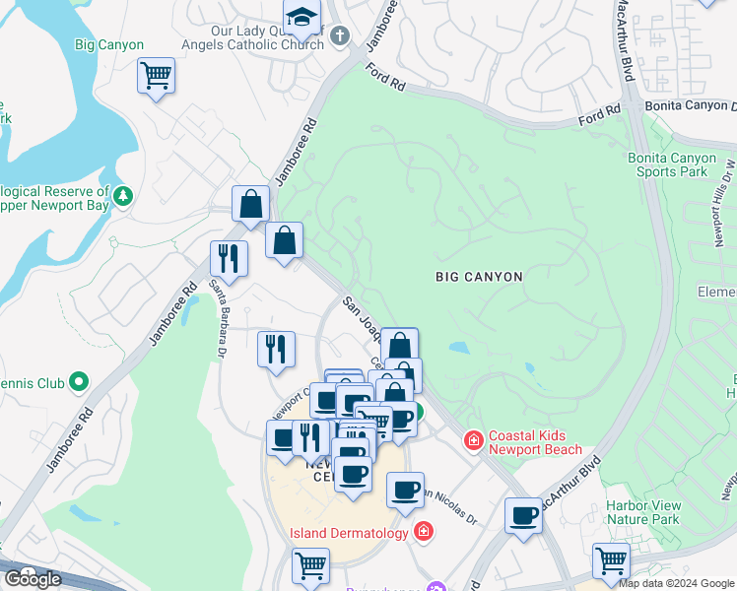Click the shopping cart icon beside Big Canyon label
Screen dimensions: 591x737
click(x=156, y=75)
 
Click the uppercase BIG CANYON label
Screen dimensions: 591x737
click(x=479, y=277)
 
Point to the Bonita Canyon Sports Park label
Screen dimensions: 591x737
click(x=668, y=164)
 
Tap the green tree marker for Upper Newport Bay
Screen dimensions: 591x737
click(x=123, y=195)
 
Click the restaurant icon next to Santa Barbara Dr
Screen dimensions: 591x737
click(x=229, y=258)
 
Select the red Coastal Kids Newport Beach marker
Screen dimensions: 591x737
click(x=474, y=439)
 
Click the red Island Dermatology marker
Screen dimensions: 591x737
click(x=424, y=533)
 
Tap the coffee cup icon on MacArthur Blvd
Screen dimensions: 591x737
click(x=523, y=514)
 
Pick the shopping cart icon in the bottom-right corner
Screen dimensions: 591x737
click(x=611, y=559)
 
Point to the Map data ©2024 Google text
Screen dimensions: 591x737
click(x=676, y=583)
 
